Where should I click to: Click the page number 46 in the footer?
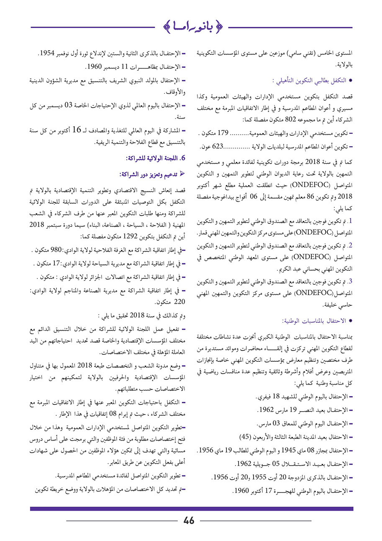coord(189,520)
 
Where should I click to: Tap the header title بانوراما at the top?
coord(192,26)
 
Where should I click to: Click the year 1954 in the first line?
coord(49,53)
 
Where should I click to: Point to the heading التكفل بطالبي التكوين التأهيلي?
coord(309,79)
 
